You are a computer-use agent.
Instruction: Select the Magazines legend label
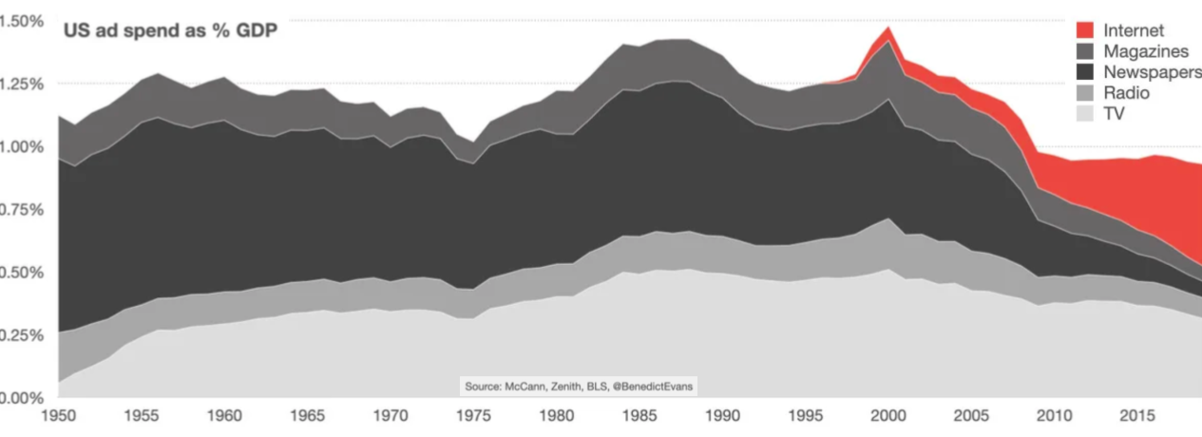[1145, 51]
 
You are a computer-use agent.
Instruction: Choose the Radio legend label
[1126, 93]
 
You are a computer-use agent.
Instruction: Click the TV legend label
[1114, 114]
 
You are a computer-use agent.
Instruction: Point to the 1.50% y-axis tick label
[21, 21]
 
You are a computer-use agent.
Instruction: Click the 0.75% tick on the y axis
[21, 209]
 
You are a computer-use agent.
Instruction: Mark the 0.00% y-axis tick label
[21, 397]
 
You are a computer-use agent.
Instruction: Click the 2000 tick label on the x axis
[888, 415]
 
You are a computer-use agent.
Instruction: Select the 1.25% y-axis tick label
[21, 84]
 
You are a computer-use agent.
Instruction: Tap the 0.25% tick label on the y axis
[21, 334]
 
